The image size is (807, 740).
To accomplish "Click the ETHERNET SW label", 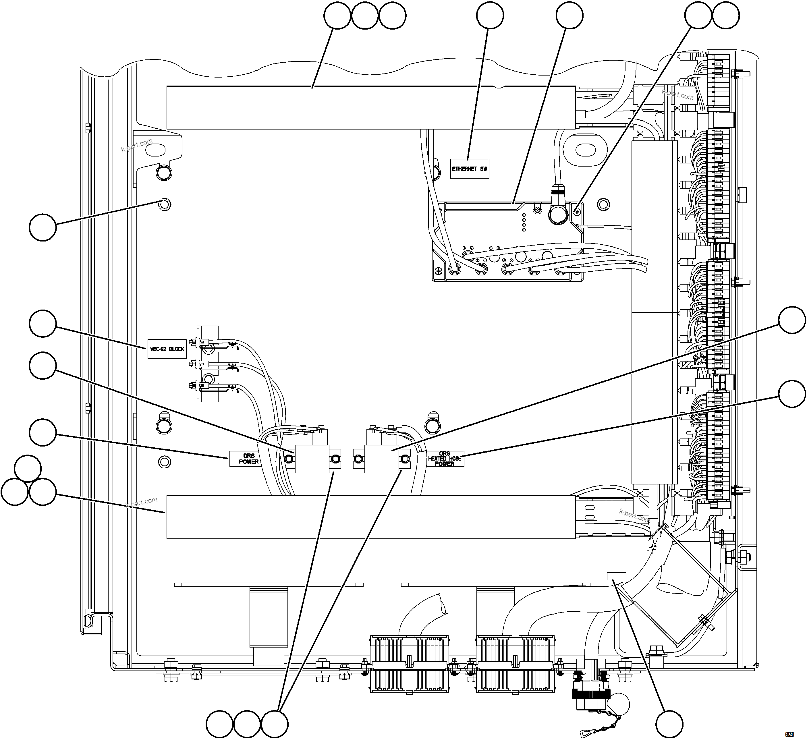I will tap(469, 169).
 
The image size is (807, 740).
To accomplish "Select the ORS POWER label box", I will tap(249, 459).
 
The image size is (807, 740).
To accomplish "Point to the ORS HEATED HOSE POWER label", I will tap(444, 459).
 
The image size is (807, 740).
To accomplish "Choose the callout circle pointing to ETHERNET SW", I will tap(491, 16).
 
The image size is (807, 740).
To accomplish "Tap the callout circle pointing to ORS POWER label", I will tap(43, 432).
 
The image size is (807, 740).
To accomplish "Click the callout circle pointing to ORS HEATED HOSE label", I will tap(792, 394).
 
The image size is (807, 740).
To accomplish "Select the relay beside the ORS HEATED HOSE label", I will tap(382, 458).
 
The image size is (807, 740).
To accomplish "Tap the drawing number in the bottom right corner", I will tap(789, 734).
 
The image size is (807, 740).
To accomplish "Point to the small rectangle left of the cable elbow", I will tap(616, 576).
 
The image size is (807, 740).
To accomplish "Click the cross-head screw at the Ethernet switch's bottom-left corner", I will tap(439, 271).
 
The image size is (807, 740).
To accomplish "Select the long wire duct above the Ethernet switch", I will tap(371, 107).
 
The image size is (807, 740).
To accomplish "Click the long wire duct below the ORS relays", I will tap(371, 517).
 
